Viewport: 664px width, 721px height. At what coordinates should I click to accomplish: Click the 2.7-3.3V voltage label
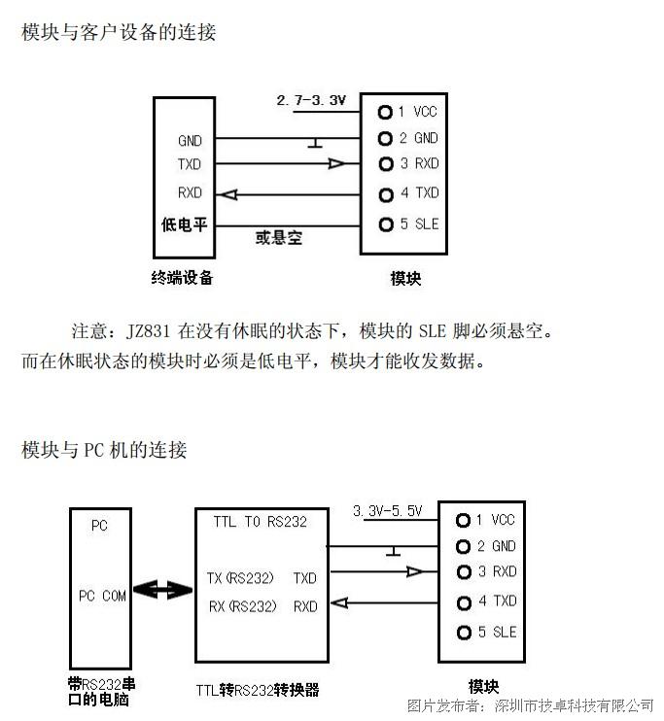tap(311, 100)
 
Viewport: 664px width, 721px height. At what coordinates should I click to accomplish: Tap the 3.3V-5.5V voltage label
tap(388, 511)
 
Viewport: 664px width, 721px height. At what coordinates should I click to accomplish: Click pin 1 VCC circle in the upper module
tap(385, 112)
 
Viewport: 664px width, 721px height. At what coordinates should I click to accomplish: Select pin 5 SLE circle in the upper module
tap(386, 224)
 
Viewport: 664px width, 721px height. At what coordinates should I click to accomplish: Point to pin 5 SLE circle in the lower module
tap(464, 633)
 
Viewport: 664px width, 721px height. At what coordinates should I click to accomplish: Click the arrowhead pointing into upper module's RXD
tap(336, 163)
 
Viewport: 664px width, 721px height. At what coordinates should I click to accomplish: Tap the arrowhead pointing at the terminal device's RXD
tap(227, 195)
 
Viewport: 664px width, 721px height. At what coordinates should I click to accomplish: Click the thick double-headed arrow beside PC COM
tap(162, 590)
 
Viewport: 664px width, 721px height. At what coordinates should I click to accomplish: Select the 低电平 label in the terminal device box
tap(184, 224)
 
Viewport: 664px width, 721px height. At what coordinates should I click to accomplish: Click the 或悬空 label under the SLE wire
tap(279, 238)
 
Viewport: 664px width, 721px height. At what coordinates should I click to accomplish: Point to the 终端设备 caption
tap(182, 278)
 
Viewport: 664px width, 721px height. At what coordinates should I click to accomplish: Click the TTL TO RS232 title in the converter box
tap(260, 522)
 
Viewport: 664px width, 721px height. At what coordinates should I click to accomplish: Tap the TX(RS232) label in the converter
tap(240, 578)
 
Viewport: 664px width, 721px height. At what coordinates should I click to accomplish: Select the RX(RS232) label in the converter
tap(243, 606)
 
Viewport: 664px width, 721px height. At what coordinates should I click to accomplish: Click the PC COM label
tap(102, 596)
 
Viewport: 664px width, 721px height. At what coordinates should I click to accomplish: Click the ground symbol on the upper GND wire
tap(315, 143)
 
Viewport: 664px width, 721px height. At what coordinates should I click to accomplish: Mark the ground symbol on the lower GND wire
tap(393, 551)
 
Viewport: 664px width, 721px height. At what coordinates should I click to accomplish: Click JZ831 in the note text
tap(148, 331)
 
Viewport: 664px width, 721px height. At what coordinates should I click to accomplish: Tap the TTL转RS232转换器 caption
tap(258, 690)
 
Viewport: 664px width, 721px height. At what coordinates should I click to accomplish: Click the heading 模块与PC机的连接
tap(104, 450)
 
